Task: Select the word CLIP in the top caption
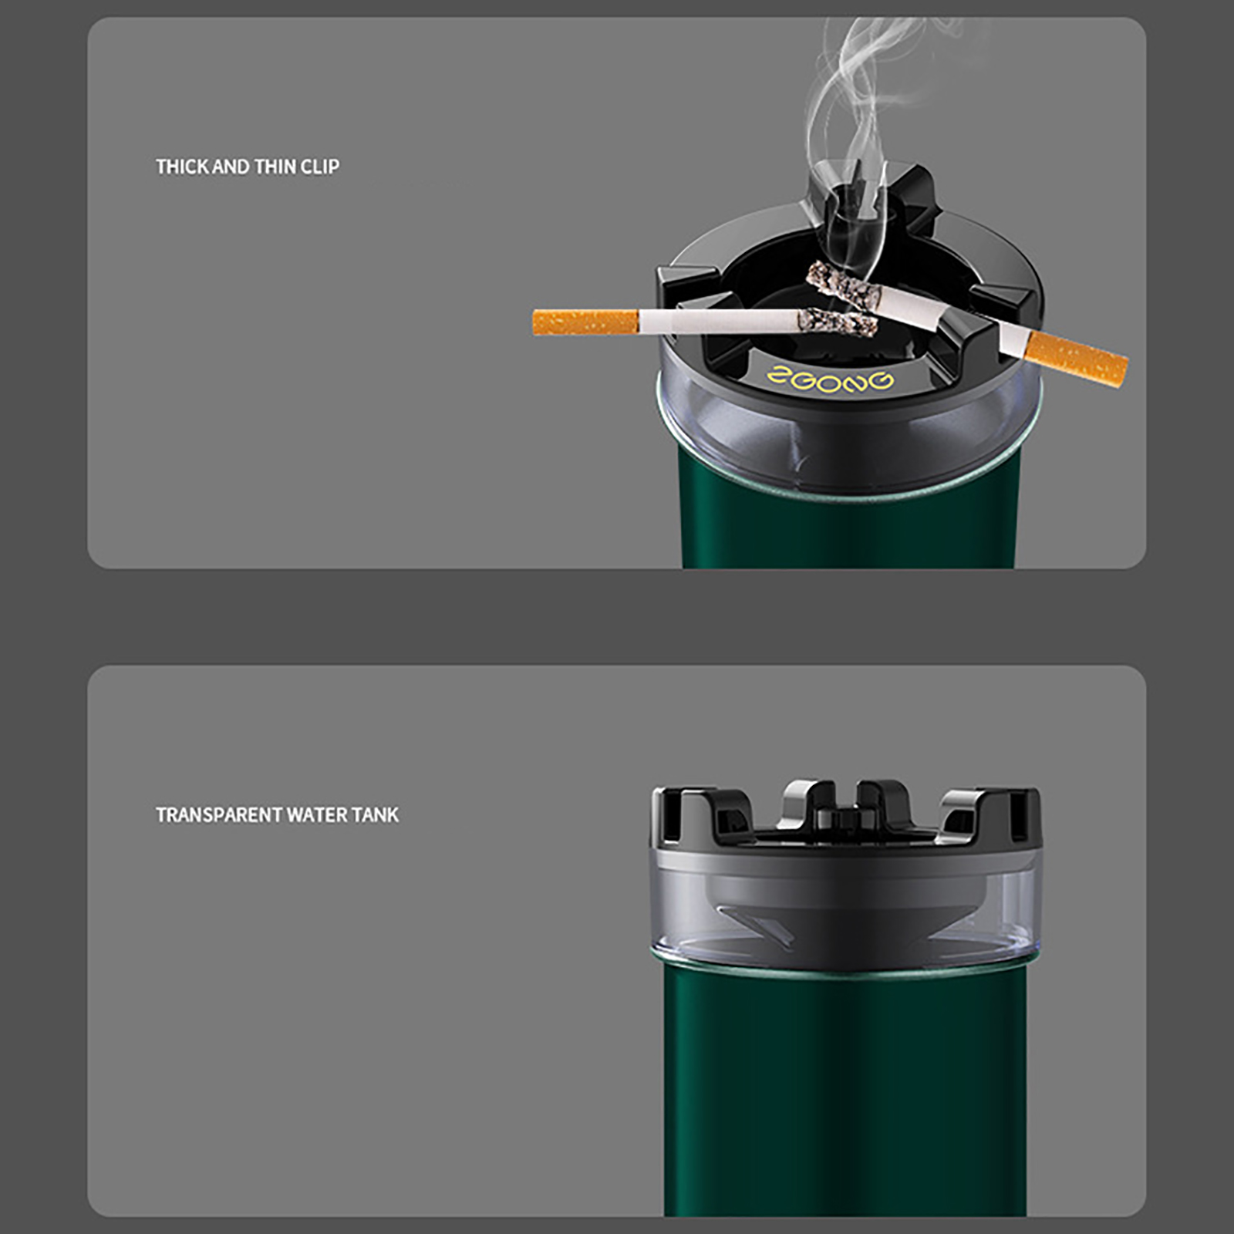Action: [x=320, y=167]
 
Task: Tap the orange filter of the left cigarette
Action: [x=585, y=322]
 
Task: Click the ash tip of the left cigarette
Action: [x=838, y=322]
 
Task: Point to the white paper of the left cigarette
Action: [x=717, y=320]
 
